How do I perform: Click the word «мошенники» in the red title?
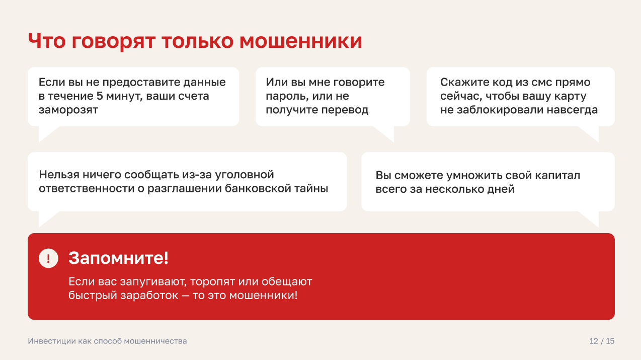click(x=301, y=41)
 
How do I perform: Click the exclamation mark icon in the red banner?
click(x=48, y=258)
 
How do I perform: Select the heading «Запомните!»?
click(x=118, y=258)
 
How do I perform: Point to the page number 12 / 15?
click(x=602, y=341)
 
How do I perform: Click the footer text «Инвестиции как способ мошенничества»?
click(x=107, y=341)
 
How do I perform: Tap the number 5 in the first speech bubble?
click(x=99, y=96)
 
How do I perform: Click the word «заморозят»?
click(x=68, y=110)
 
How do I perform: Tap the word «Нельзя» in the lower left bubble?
click(x=59, y=174)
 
